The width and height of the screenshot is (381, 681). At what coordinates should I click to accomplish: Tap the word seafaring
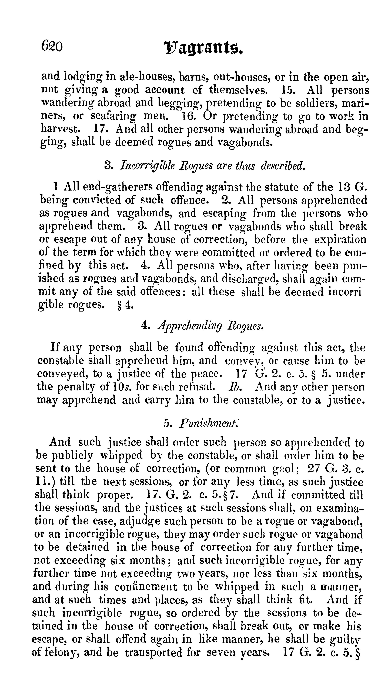pos(113,116)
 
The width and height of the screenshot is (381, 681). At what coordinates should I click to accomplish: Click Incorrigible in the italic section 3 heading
pos(147,166)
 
